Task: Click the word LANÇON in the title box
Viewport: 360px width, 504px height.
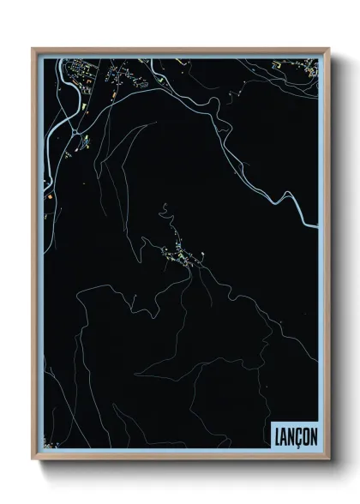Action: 294,435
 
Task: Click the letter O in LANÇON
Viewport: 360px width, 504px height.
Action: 304,435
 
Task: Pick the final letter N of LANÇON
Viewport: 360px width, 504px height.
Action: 312,435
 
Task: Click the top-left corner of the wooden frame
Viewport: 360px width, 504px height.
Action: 33,48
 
